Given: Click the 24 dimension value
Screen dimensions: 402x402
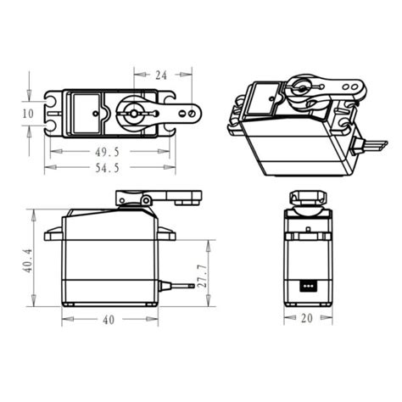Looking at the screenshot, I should [160, 75].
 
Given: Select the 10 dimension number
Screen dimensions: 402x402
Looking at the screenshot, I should [29, 112].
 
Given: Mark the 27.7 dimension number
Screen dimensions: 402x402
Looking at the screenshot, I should [201, 276].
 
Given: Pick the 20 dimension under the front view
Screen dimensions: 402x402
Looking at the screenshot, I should [307, 318].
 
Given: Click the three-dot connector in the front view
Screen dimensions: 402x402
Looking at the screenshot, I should [307, 285].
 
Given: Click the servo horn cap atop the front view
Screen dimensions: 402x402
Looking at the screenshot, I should [307, 198].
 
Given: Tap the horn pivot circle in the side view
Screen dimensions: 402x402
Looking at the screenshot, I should [147, 200].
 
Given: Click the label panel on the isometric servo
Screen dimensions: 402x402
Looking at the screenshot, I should [264, 95].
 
